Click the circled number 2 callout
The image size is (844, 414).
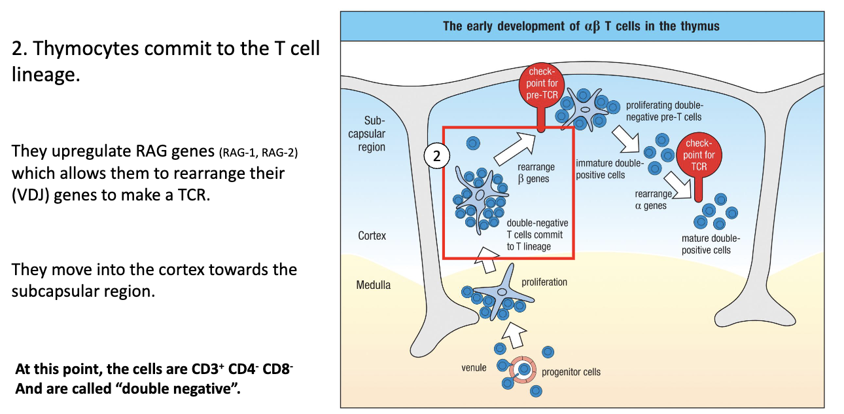436,157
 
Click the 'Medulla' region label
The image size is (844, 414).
373,285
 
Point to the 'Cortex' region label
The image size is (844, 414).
372,236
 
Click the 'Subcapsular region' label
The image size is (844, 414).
372,134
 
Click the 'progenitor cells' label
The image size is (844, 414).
571,372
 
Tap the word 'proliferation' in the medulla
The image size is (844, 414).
544,282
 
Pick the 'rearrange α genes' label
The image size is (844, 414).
652,200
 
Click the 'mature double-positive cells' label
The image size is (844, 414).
706,244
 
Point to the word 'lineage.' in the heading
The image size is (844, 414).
45,75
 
